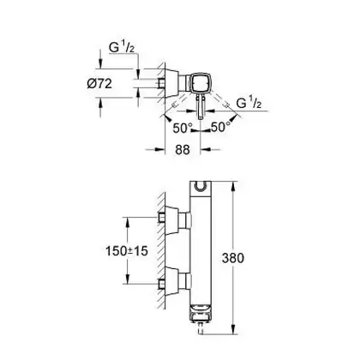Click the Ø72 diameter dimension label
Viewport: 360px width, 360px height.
(x=99, y=84)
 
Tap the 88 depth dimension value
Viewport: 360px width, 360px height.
(x=183, y=149)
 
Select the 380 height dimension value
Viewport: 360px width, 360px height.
(x=233, y=258)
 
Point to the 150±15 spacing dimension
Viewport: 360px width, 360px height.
(x=127, y=251)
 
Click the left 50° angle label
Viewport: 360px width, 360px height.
(x=181, y=128)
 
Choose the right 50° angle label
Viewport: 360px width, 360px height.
(x=220, y=127)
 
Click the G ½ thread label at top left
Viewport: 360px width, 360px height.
(x=122, y=47)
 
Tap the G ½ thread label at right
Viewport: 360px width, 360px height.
(x=249, y=103)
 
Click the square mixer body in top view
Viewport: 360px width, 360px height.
(x=201, y=83)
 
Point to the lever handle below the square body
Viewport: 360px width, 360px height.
(x=200, y=107)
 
